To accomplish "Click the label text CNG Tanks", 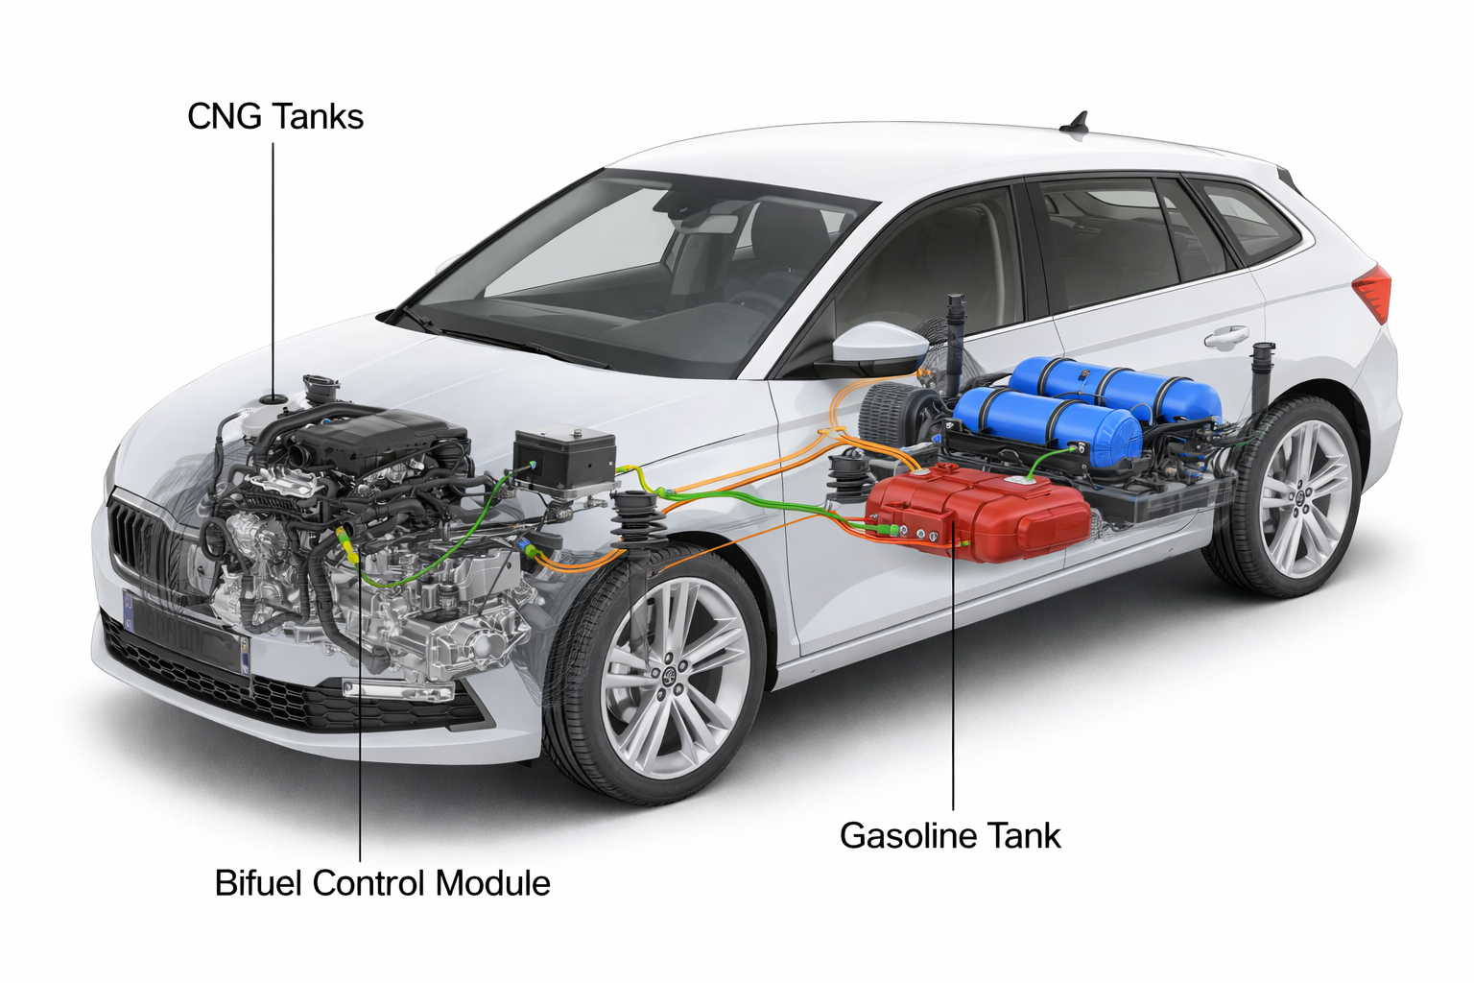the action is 275,117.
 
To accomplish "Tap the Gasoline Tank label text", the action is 950,835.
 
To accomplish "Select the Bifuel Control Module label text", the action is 382,883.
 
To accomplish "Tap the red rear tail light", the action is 1374,292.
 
